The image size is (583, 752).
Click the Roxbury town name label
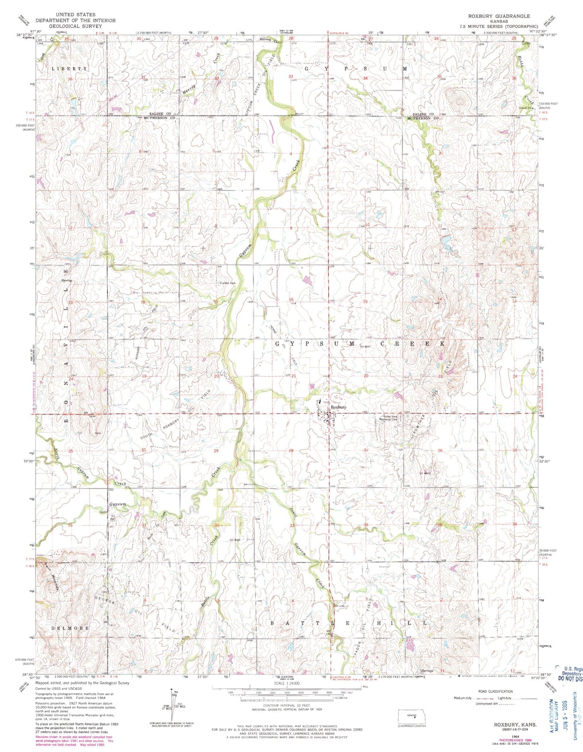click(x=339, y=407)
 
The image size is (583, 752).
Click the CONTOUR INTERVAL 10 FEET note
click(x=286, y=706)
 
